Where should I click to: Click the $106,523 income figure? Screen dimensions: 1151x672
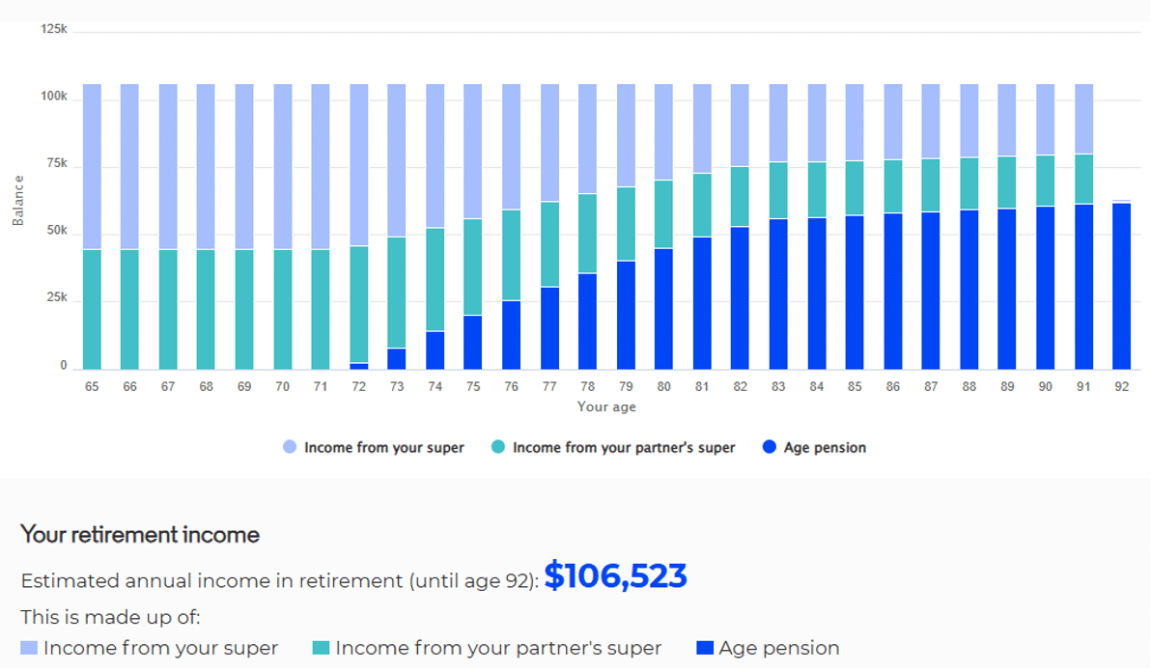[615, 575]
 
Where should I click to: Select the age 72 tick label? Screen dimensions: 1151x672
[358, 386]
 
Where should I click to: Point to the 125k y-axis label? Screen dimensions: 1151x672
[53, 29]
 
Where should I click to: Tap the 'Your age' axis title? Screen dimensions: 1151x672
[606, 407]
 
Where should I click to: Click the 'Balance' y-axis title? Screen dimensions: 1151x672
[18, 200]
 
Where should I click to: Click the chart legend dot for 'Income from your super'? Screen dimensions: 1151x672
[290, 447]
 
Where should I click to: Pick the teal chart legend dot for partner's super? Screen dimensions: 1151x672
[497, 447]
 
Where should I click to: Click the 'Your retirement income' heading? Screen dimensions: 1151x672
[139, 535]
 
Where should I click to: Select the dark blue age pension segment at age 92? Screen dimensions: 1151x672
[1121, 286]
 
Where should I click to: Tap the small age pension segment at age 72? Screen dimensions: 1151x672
[359, 366]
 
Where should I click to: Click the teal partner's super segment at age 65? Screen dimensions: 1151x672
[92, 310]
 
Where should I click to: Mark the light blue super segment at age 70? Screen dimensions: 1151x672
[283, 167]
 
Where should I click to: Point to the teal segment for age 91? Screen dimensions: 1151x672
[1083, 179]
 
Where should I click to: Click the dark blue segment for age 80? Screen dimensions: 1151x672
[663, 309]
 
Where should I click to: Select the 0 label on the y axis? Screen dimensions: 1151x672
[63, 365]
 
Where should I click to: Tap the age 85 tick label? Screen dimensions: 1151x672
[855, 386]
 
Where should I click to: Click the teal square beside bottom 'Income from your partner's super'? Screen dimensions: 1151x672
[321, 648]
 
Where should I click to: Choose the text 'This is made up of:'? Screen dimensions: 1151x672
[110, 617]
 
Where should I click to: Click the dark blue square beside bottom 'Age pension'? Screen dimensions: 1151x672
[705, 648]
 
